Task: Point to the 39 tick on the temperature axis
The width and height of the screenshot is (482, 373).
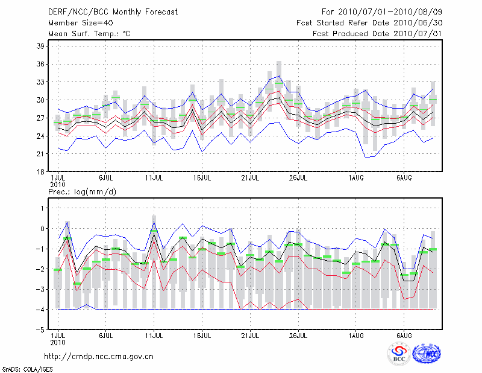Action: pyautogui.click(x=40, y=46)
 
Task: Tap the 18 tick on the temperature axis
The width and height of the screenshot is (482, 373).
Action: pyautogui.click(x=40, y=172)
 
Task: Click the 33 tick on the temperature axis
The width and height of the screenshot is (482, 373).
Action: pyautogui.click(x=40, y=82)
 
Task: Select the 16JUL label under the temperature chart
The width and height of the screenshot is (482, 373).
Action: pyautogui.click(x=202, y=178)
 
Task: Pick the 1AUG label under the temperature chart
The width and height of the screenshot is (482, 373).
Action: pyautogui.click(x=356, y=178)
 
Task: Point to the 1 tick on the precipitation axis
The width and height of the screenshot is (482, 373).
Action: pyautogui.click(x=42, y=208)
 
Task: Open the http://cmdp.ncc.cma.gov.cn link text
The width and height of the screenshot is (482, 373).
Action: pyautogui.click(x=99, y=356)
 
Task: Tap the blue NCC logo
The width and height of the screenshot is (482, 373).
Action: pyautogui.click(x=427, y=354)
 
